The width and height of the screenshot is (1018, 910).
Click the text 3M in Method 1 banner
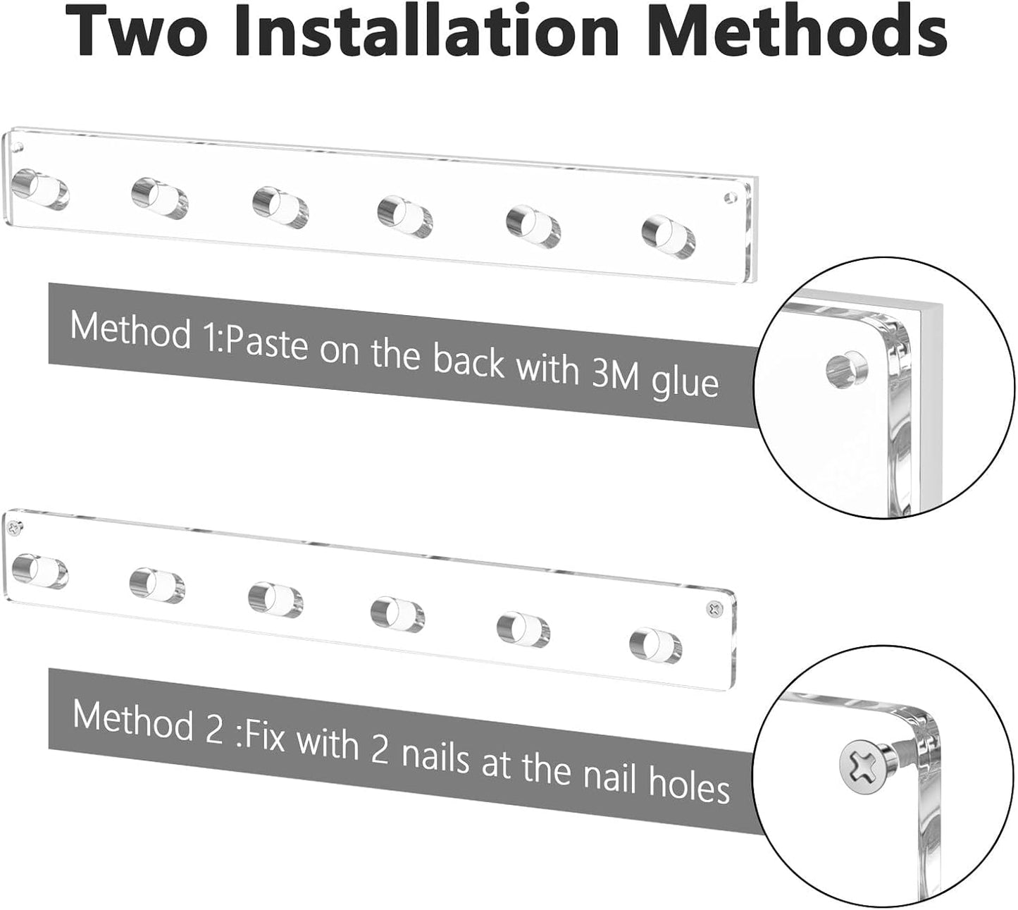pyautogui.click(x=615, y=374)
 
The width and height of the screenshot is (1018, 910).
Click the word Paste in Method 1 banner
pyautogui.click(x=267, y=343)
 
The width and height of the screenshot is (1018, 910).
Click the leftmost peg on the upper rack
pyautogui.click(x=40, y=189)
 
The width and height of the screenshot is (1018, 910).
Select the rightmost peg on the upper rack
pyautogui.click(x=669, y=237)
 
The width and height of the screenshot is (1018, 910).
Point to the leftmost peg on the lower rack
pyautogui.click(x=39, y=571)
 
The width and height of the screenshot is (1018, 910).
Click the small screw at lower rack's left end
pyautogui.click(x=14, y=527)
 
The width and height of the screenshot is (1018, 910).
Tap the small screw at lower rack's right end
pyautogui.click(x=714, y=609)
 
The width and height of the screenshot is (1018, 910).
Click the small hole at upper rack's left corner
pyautogui.click(x=17, y=148)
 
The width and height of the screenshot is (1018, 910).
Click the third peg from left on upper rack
pyautogui.click(x=280, y=208)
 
